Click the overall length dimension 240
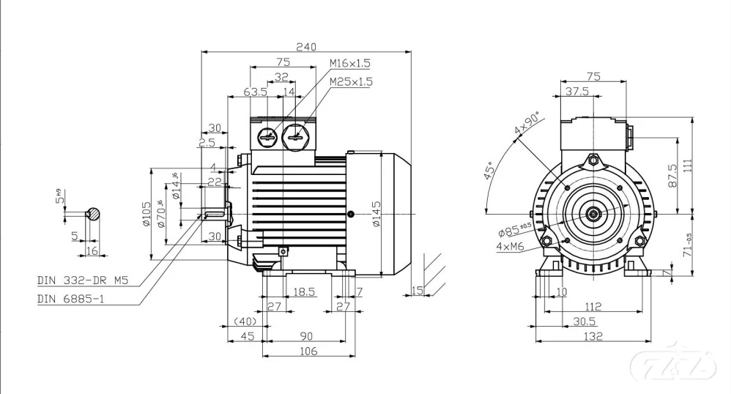pos(305,46)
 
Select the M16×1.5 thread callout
pos(350,64)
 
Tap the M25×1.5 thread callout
pos(350,82)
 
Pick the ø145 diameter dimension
pos(375,214)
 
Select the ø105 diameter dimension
pos(146,214)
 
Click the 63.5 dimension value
pos(255,92)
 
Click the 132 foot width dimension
pos(593,336)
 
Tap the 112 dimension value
pos(593,307)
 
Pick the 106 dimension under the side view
pos(308,352)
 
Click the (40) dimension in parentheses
pos(243,321)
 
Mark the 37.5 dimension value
pos(577,92)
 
